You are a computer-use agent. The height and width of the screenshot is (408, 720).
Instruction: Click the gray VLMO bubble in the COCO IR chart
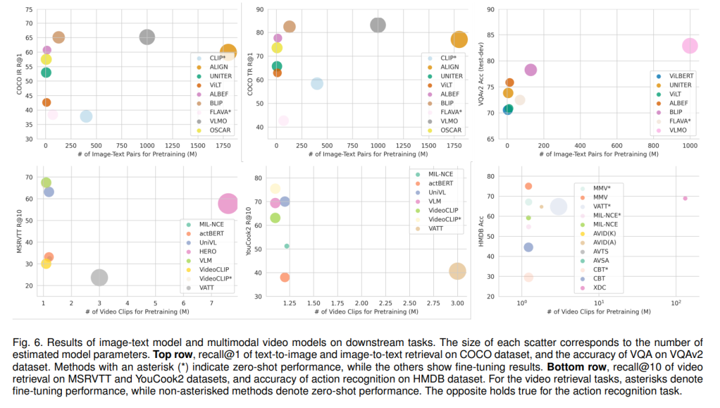point(147,37)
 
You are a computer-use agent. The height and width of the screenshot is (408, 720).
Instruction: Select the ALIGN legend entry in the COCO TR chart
point(449,67)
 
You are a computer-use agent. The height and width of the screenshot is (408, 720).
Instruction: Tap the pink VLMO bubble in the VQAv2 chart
point(689,46)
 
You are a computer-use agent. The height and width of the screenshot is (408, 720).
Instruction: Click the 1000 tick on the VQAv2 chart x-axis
point(689,145)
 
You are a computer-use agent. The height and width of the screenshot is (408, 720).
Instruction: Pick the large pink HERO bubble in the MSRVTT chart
point(228,203)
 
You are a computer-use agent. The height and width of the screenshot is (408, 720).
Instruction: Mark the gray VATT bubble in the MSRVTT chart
point(99,277)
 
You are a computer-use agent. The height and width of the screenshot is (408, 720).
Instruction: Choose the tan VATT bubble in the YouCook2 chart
point(457,271)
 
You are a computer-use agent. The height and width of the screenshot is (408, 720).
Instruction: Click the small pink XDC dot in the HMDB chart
point(685,198)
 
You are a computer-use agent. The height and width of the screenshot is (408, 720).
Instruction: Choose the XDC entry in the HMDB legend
point(600,287)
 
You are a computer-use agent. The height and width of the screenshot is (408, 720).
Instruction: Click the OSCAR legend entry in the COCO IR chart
point(214,130)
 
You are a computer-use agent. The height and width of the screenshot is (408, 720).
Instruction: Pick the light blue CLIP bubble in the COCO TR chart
point(317,83)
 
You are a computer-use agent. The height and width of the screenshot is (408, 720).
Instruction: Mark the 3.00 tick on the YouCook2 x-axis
point(457,303)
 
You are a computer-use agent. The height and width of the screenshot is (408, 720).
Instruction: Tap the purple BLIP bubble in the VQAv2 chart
point(531,70)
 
